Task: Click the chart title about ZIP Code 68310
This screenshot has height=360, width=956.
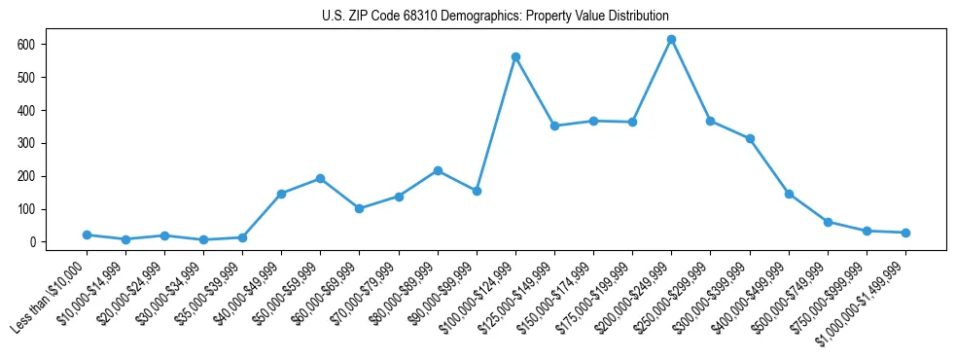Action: [495, 17]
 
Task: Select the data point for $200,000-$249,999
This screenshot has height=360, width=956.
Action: [671, 40]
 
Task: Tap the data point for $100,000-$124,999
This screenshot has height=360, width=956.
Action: [515, 57]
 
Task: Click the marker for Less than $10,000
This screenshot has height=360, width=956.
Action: [87, 234]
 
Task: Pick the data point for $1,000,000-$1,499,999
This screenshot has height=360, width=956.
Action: [905, 233]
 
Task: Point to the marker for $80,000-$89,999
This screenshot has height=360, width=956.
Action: [438, 170]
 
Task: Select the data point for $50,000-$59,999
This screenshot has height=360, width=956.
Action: [320, 179]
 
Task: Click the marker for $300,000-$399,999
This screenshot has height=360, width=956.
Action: [750, 138]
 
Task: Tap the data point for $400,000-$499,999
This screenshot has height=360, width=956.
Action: [789, 194]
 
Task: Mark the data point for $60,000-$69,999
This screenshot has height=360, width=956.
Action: [359, 208]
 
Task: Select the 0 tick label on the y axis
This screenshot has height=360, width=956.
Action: [33, 242]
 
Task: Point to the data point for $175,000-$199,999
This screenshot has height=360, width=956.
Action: [632, 122]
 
